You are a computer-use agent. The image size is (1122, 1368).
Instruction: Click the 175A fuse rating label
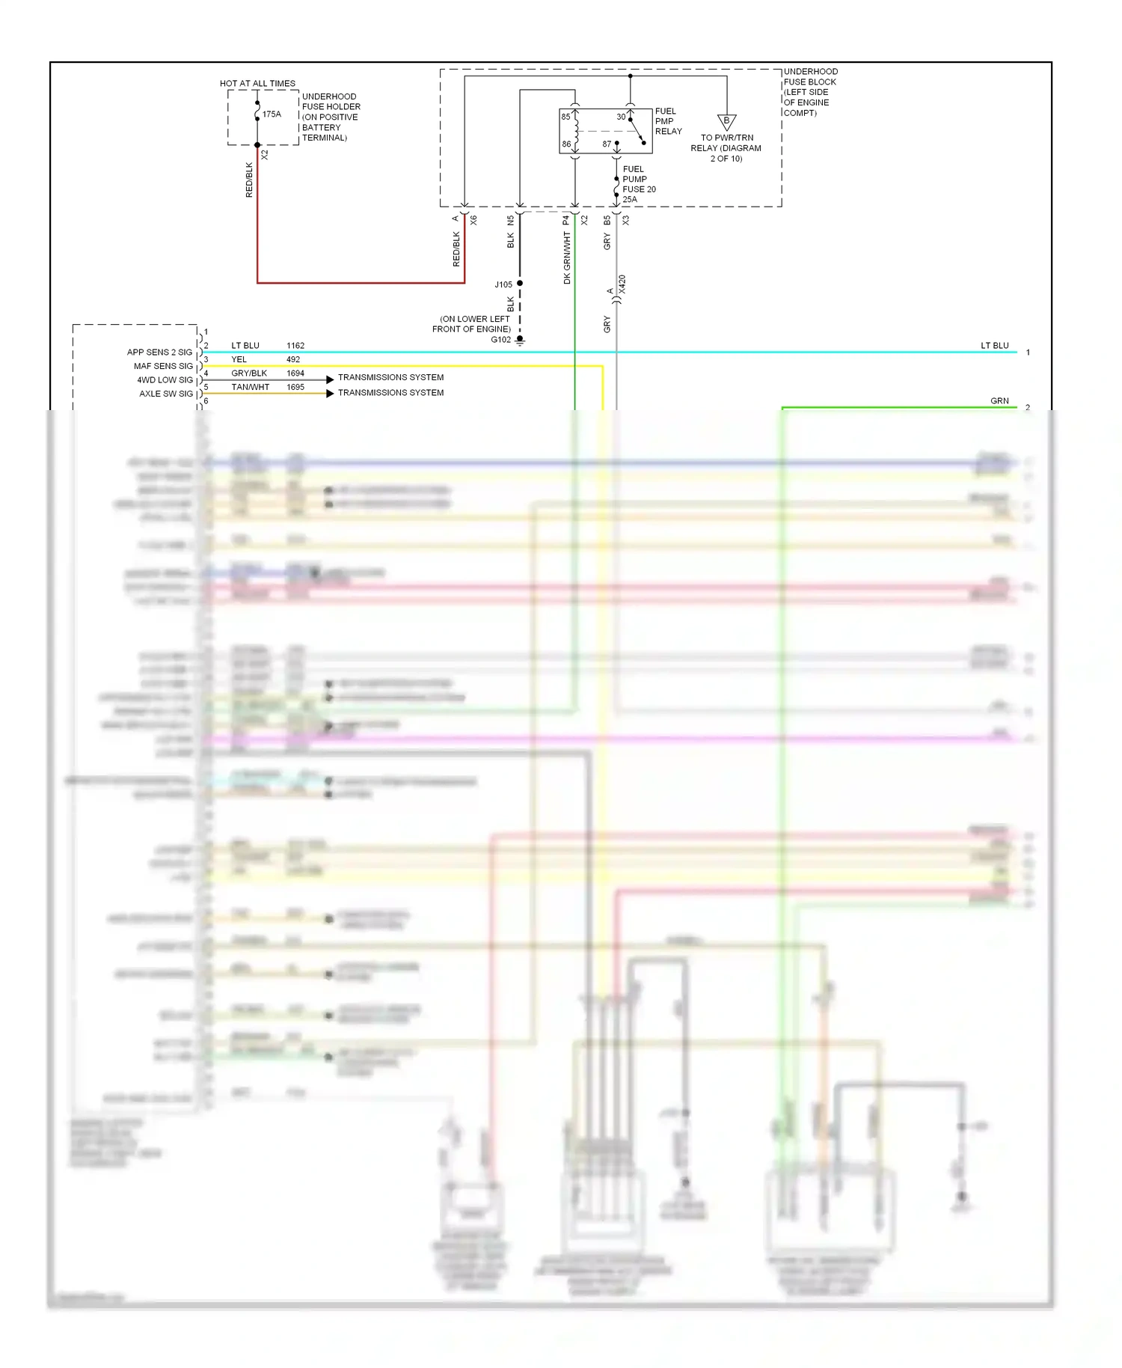pos(272,114)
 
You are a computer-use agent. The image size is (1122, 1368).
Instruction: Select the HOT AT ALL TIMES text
pos(257,83)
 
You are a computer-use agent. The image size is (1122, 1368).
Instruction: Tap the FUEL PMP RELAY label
pos(668,121)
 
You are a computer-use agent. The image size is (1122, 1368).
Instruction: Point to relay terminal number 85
pos(565,117)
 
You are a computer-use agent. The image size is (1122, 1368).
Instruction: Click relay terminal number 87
pos(607,144)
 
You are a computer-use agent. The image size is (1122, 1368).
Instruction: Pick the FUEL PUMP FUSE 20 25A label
pos(638,184)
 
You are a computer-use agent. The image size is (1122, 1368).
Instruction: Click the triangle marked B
pos(726,121)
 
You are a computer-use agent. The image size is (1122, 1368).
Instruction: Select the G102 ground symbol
pos(520,341)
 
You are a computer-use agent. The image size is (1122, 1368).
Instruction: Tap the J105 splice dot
pos(520,284)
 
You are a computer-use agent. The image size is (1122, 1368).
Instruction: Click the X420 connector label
pos(622,284)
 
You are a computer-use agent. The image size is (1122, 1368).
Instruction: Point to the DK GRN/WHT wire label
pos(567,257)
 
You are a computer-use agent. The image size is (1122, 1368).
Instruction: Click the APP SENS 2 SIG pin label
pos(159,352)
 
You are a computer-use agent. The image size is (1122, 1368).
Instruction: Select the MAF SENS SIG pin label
pos(163,366)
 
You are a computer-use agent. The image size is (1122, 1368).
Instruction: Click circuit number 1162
pos(295,346)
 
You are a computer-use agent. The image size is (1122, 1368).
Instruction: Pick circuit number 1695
pos(295,387)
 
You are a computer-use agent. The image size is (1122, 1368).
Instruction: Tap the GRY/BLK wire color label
pos(249,373)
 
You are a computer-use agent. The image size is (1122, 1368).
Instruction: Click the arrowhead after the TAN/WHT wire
pos(330,393)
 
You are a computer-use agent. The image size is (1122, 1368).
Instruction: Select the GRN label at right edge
pos(999,401)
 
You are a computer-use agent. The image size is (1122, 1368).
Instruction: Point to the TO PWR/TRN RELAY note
pos(726,148)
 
